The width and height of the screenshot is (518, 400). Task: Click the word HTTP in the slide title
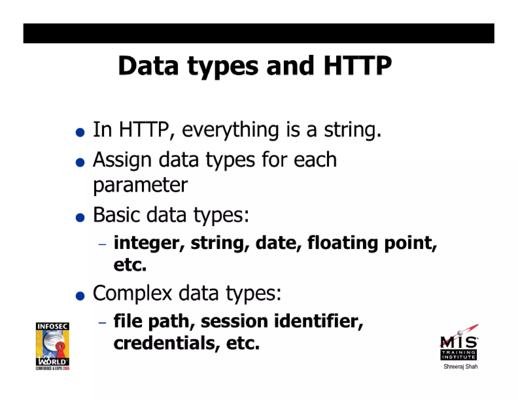tap(357, 66)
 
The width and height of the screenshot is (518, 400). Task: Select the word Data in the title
tap(148, 66)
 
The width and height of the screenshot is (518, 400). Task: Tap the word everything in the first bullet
tap(230, 130)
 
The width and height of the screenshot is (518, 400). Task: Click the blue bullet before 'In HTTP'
tap(80, 132)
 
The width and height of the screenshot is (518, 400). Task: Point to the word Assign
tap(122, 160)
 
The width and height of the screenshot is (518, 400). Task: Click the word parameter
tap(140, 185)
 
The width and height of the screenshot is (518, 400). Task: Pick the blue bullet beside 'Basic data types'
tap(80, 217)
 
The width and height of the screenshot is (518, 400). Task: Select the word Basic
tap(116, 215)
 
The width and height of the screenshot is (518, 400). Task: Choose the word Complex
tap(132, 293)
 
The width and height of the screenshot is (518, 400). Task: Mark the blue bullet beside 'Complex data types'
tap(80, 296)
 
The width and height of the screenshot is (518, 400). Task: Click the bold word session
tap(234, 321)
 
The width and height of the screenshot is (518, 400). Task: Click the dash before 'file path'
tap(102, 323)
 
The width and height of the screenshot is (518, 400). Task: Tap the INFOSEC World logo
tap(52, 346)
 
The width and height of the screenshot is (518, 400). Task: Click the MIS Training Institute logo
tap(459, 344)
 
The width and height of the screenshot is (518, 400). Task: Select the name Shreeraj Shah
tap(461, 367)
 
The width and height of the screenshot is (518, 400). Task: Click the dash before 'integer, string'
tap(102, 244)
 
